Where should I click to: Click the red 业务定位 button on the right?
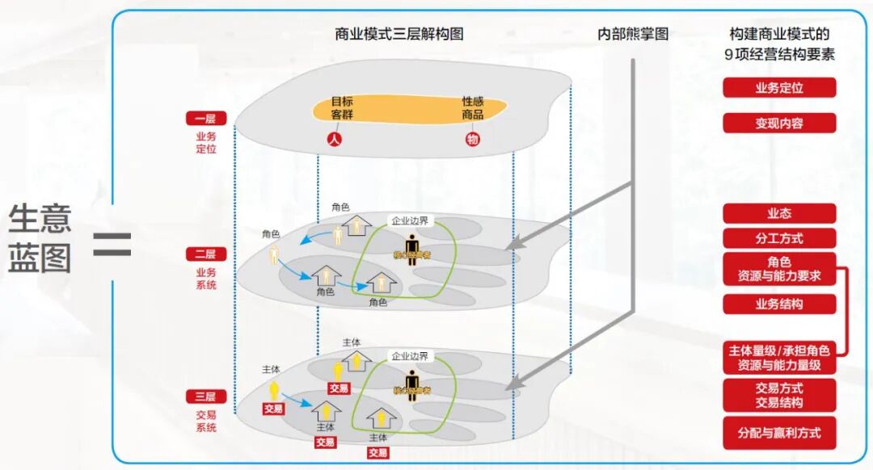(x=778, y=87)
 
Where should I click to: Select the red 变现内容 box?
(x=778, y=123)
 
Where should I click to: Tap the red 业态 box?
(x=778, y=213)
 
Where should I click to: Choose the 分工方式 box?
(x=778, y=238)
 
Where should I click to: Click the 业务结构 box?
(x=778, y=304)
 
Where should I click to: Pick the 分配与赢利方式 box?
(x=778, y=433)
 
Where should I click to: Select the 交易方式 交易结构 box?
(x=778, y=395)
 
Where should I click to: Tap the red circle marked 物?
(x=473, y=139)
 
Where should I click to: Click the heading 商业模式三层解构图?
(x=399, y=34)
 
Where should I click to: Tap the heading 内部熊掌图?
(x=633, y=34)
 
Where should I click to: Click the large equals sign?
(x=112, y=243)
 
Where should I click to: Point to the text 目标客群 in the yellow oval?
(x=342, y=108)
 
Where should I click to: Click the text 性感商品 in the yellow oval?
(x=473, y=108)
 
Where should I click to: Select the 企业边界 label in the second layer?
(x=410, y=220)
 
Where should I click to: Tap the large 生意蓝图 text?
(x=40, y=238)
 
